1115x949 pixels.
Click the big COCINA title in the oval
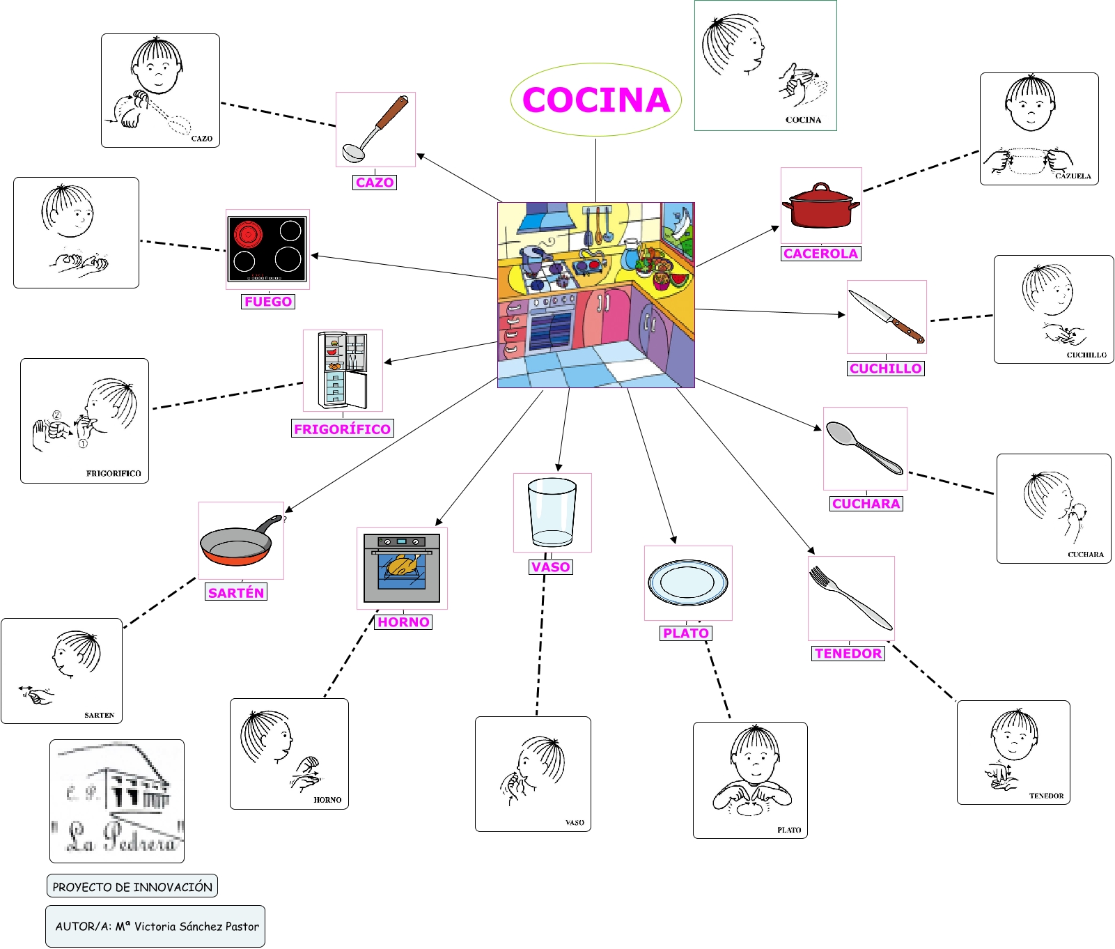596,100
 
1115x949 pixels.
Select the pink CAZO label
375,183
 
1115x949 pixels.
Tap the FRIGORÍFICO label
342,429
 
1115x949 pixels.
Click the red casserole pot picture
821,207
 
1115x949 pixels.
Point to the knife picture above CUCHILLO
887,318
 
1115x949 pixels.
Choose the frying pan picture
239,542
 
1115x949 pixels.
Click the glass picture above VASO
552,512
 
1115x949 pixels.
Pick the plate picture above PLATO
687,582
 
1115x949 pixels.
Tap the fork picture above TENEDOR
850,598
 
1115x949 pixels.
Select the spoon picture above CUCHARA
864,448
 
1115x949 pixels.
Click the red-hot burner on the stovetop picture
247,234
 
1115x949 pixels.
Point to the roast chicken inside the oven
403,564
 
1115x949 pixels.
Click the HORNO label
403,622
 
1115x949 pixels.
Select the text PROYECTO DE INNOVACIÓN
132,887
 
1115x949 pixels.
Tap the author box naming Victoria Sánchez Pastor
156,926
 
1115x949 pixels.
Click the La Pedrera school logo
117,801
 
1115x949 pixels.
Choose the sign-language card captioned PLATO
750,780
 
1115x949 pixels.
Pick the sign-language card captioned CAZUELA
1038,129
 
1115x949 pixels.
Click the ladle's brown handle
392,113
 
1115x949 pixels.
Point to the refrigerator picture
342,370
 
